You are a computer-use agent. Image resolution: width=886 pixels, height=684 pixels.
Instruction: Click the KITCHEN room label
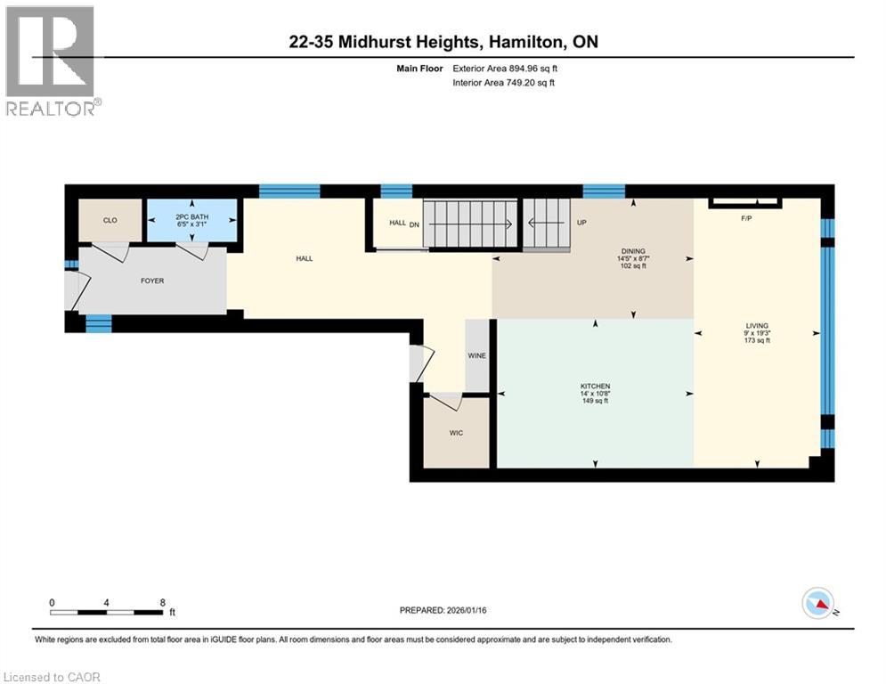595,386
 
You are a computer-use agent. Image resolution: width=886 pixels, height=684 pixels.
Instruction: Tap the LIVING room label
757,326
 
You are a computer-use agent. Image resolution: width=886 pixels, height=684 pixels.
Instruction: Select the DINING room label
634,251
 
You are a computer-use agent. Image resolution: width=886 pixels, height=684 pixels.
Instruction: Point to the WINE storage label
477,355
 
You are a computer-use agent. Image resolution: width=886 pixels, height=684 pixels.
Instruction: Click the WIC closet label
456,432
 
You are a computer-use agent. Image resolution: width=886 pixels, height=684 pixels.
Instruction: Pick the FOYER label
151,281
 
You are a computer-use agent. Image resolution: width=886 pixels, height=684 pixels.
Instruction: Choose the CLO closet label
110,220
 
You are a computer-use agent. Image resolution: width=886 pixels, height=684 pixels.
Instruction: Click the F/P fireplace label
746,218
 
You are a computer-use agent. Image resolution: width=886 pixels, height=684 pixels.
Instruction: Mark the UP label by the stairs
581,223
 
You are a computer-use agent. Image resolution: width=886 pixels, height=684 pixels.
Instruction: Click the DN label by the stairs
414,224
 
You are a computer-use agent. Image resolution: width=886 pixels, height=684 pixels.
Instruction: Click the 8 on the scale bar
162,602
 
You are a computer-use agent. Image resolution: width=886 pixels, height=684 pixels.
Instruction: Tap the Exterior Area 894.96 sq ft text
505,68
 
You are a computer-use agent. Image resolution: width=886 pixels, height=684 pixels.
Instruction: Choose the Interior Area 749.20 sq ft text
505,83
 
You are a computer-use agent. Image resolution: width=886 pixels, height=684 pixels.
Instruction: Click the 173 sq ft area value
757,341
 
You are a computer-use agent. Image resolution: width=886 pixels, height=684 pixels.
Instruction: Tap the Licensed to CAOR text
53,677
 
